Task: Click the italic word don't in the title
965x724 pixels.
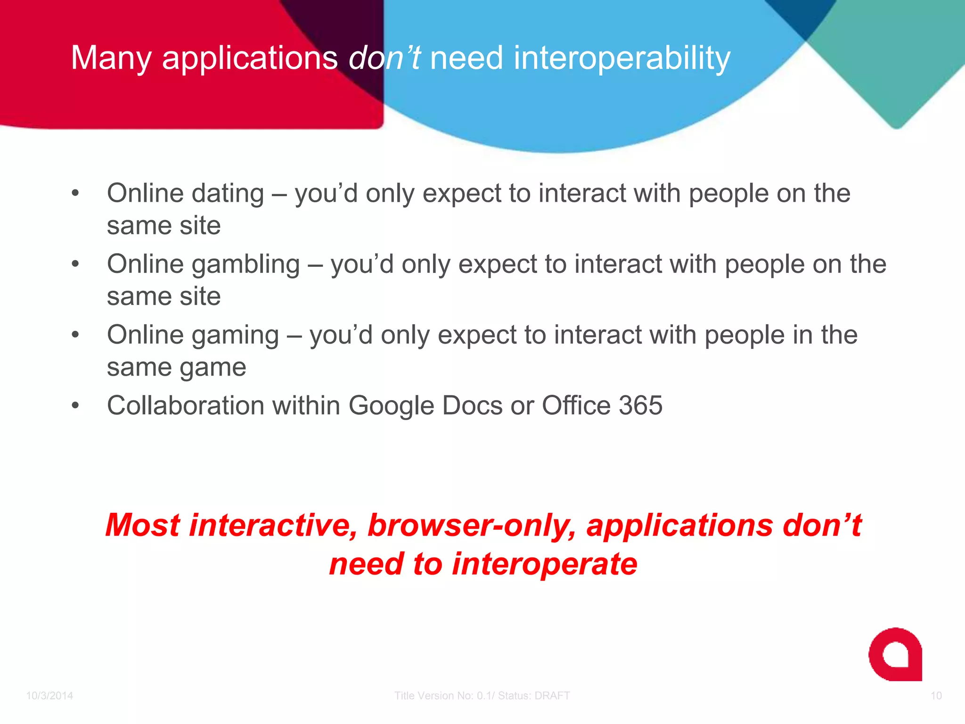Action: (x=384, y=58)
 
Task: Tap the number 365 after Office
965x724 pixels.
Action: (x=640, y=405)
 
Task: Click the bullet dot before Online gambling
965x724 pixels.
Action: (x=75, y=264)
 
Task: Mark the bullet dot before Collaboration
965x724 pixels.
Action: (x=75, y=405)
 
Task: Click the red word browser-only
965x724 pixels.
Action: (x=472, y=525)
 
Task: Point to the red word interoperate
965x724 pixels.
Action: (x=544, y=564)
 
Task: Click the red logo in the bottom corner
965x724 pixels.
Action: (x=895, y=654)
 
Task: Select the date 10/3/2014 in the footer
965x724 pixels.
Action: (x=49, y=696)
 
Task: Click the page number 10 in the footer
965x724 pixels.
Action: (x=936, y=696)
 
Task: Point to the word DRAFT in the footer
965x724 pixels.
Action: (x=552, y=696)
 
